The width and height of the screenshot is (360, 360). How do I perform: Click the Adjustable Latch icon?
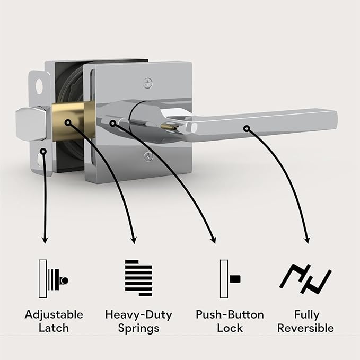pyautogui.click(x=54, y=279)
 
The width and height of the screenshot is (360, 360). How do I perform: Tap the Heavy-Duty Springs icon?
pyautogui.click(x=138, y=279)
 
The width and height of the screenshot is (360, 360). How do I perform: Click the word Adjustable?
pyautogui.click(x=54, y=315)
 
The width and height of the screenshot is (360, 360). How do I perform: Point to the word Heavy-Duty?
pyautogui.click(x=138, y=315)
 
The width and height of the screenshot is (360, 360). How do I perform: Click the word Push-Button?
pyautogui.click(x=230, y=315)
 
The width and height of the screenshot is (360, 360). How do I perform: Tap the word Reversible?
pyautogui.click(x=306, y=328)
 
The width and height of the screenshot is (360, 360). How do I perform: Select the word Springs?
pyautogui.click(x=138, y=328)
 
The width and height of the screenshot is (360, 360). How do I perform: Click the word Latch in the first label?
pyautogui.click(x=54, y=328)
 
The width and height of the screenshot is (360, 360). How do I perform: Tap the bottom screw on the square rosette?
pyautogui.click(x=148, y=156)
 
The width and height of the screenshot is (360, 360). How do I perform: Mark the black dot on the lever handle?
pyautogui.click(x=246, y=128)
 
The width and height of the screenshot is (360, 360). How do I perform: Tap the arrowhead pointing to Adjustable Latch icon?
pyautogui.click(x=45, y=240)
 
